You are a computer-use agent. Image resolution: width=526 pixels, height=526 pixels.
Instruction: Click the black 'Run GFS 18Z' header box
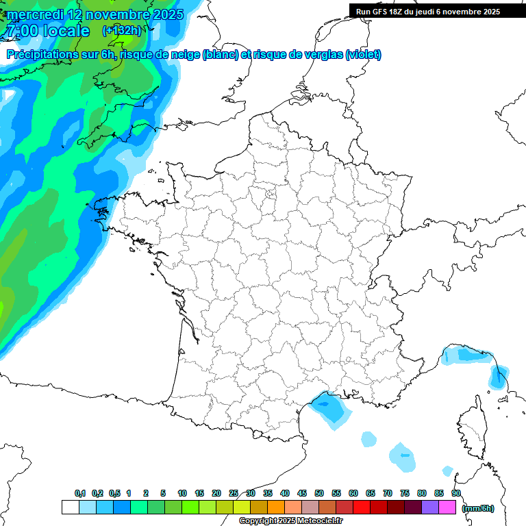[x=428, y=11]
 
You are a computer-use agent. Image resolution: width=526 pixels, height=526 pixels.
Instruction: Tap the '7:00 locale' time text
[x=46, y=31]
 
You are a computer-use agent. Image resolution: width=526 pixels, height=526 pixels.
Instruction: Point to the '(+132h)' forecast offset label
[x=121, y=30]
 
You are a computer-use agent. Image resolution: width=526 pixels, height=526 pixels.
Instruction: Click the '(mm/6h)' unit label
[x=478, y=508]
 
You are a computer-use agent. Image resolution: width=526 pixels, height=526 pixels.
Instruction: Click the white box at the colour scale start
[x=70, y=508]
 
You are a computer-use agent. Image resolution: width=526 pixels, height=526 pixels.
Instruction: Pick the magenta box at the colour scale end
[x=447, y=508]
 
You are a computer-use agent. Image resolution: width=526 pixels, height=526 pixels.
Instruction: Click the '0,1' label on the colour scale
[x=79, y=493]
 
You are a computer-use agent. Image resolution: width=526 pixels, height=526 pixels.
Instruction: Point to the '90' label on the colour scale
[x=455, y=493]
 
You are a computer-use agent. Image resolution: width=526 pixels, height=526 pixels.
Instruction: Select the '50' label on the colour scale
[x=319, y=493]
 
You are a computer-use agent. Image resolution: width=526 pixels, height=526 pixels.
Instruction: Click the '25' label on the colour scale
[x=234, y=493]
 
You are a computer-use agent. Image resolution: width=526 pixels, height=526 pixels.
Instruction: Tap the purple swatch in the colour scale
[x=430, y=508]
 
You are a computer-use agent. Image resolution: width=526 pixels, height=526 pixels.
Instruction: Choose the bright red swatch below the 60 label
[x=362, y=508]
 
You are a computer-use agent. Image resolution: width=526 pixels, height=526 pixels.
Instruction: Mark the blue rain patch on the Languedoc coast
[x=329, y=407]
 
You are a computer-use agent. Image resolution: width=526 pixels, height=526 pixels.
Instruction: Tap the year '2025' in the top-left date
[x=164, y=14]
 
